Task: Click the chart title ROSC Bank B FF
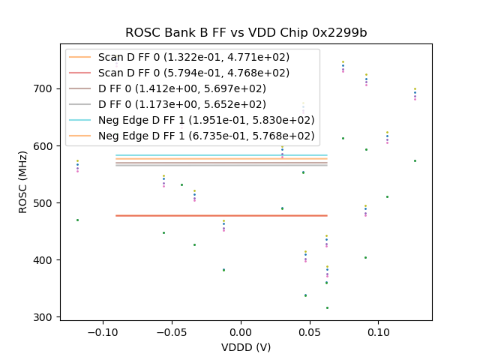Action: click(245, 33)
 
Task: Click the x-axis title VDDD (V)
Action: click(245, 347)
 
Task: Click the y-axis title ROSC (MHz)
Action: click(24, 182)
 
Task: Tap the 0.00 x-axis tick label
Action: click(241, 331)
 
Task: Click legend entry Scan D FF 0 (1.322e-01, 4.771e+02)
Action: click(193, 58)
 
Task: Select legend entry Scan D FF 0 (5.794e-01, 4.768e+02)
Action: click(193, 73)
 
